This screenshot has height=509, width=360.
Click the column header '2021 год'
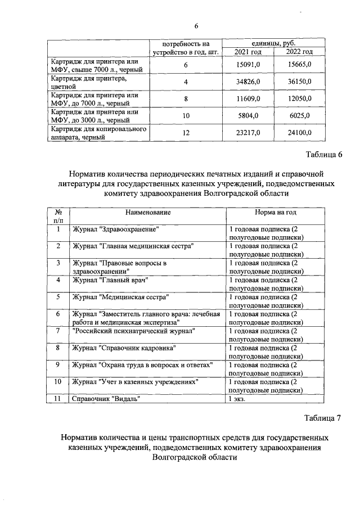(x=247, y=52)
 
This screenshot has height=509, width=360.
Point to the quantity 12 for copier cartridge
(x=186, y=133)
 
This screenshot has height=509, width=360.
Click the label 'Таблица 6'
(x=323, y=155)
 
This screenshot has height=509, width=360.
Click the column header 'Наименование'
(x=148, y=213)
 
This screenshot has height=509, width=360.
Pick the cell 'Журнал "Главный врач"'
(x=110, y=280)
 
